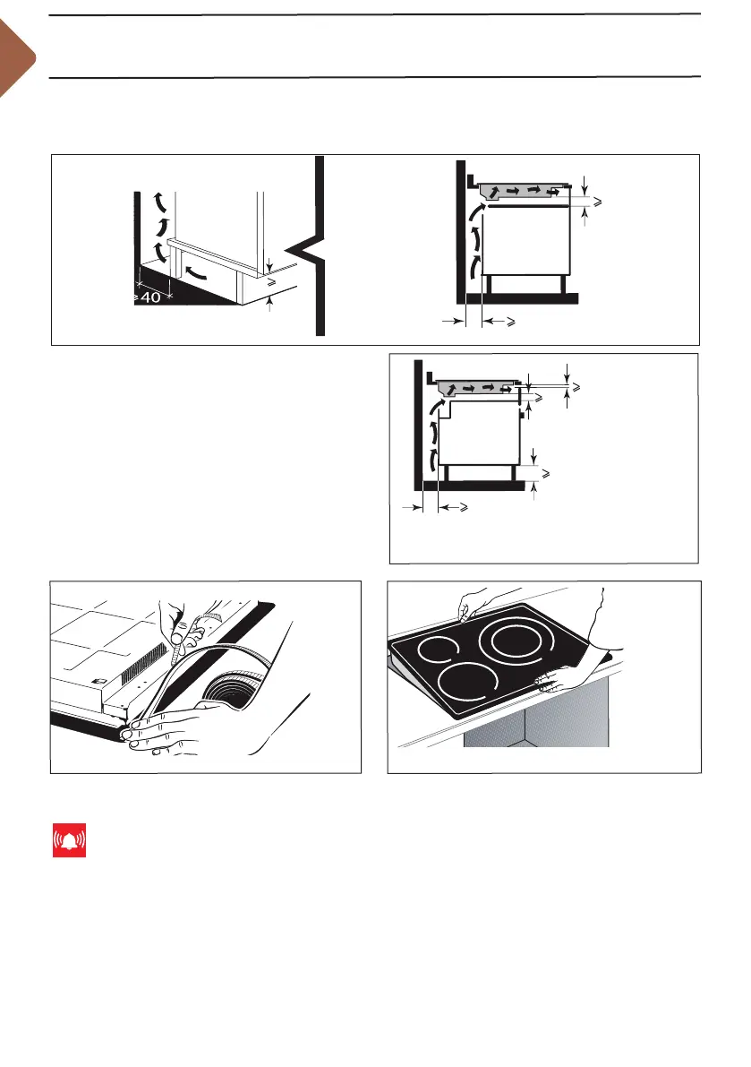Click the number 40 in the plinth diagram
click(149, 298)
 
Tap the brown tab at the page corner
click(15, 60)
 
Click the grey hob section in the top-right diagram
click(524, 191)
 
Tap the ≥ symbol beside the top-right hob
click(596, 205)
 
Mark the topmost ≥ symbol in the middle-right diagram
click(577, 387)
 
